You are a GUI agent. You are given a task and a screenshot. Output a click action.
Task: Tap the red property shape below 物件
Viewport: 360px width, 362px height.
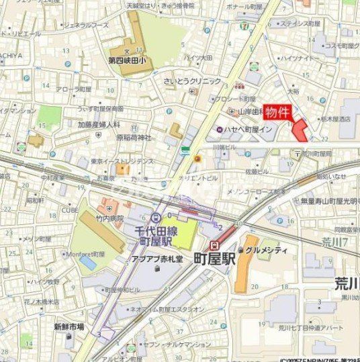pyautogui.click(x=301, y=130)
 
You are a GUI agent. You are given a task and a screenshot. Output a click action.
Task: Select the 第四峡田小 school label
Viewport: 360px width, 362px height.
pyautogui.click(x=131, y=60)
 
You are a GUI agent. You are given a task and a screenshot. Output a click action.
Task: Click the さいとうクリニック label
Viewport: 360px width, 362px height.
pyautogui.click(x=191, y=81)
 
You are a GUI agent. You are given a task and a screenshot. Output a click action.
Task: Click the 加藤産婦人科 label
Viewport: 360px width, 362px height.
pyautogui.click(x=99, y=124)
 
